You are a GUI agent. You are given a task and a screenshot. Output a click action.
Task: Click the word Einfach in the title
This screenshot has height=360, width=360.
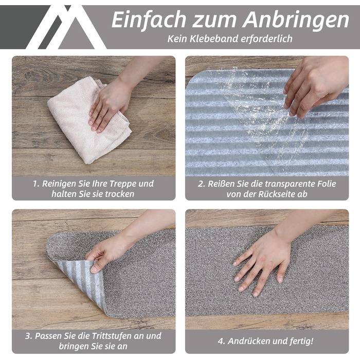(149, 20)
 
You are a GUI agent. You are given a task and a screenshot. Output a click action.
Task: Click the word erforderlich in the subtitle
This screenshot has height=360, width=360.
(266, 39)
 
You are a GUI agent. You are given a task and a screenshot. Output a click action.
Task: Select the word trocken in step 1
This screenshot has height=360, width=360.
(120, 194)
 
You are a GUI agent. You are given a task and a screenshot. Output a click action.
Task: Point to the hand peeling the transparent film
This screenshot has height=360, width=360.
(315, 85)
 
